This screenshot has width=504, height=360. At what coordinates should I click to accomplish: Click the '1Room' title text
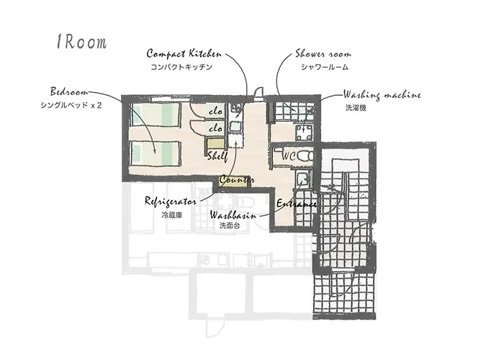pos(81,42)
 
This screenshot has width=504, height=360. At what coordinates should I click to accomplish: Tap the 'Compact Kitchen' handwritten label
pos(184,54)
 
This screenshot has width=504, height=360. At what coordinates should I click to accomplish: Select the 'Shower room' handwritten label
pos(323,54)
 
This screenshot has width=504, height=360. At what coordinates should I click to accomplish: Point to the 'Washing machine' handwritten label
pos(382,95)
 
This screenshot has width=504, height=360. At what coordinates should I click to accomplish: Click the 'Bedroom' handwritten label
pos(69,91)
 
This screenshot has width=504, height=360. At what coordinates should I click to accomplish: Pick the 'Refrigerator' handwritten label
pos(171,201)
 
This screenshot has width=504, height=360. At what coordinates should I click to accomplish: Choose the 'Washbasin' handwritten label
pos(233,215)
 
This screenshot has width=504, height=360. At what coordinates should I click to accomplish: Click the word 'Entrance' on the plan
pos(297,204)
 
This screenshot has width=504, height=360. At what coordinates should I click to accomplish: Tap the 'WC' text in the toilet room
pos(289,156)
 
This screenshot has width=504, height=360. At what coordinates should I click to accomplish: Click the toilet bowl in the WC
pos(305,156)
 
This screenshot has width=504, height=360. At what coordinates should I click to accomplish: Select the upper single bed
pos(156,114)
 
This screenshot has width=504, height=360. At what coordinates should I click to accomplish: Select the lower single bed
pos(156,153)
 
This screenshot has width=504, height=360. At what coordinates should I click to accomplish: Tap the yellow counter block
pos(235,180)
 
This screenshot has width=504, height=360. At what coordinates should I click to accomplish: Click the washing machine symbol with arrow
pos(304,132)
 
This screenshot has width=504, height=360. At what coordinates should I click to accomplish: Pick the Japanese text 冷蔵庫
pos(172,215)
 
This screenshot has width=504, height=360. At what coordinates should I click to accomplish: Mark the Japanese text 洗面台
pos(230,225)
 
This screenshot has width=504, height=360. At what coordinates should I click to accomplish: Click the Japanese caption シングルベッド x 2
pos(71,105)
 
